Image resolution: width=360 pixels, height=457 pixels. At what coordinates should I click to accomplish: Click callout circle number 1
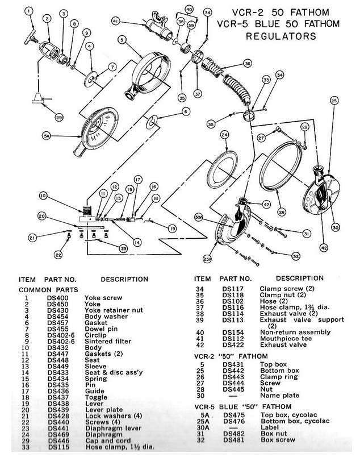[x=28, y=11]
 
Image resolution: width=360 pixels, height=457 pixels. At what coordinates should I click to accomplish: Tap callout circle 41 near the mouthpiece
[x=116, y=21]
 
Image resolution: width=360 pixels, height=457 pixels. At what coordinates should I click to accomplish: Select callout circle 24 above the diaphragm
[x=224, y=135]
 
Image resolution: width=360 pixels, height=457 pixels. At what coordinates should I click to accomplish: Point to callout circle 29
[x=59, y=117]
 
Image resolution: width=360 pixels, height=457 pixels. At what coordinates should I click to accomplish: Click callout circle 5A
[x=47, y=136]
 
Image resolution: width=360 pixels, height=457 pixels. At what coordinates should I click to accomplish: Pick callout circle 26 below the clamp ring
[x=282, y=212]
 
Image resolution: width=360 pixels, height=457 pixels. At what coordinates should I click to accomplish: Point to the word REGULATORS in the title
[x=281, y=36]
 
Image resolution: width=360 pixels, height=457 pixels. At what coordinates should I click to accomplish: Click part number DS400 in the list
[x=58, y=298]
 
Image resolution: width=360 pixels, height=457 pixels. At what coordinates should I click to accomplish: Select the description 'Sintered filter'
[x=108, y=341]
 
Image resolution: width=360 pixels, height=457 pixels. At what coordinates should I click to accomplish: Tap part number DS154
[x=233, y=333]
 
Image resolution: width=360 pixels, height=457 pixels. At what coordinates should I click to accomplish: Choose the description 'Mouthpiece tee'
[x=286, y=339]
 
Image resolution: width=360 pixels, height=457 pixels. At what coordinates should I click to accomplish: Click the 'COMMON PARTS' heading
[x=48, y=290]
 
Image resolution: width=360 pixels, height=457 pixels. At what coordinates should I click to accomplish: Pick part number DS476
[x=234, y=421]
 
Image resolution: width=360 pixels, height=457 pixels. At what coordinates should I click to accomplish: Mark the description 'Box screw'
[x=278, y=439]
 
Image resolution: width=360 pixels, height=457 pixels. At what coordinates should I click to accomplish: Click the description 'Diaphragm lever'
[x=114, y=428]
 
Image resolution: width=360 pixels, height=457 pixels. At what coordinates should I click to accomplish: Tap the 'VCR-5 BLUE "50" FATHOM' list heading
[x=242, y=406]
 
